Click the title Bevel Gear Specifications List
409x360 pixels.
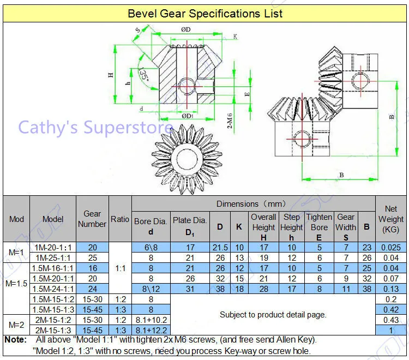[205, 13]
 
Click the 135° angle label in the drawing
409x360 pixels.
[144, 74]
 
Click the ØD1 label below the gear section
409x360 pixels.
[187, 116]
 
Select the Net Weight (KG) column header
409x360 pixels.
[391, 219]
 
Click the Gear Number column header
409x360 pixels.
[92, 219]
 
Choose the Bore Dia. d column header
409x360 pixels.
[151, 226]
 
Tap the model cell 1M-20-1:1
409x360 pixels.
[53, 247]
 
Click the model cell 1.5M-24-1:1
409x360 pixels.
[53, 289]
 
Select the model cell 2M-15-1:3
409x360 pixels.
[53, 330]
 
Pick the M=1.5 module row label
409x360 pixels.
[16, 284]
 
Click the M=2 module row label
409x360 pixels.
[16, 325]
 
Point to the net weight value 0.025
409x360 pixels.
[390, 247]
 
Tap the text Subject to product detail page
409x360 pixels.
[273, 315]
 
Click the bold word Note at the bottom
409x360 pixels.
[15, 340]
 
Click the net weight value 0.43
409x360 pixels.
[390, 320]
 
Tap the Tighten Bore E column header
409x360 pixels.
[319, 226]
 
